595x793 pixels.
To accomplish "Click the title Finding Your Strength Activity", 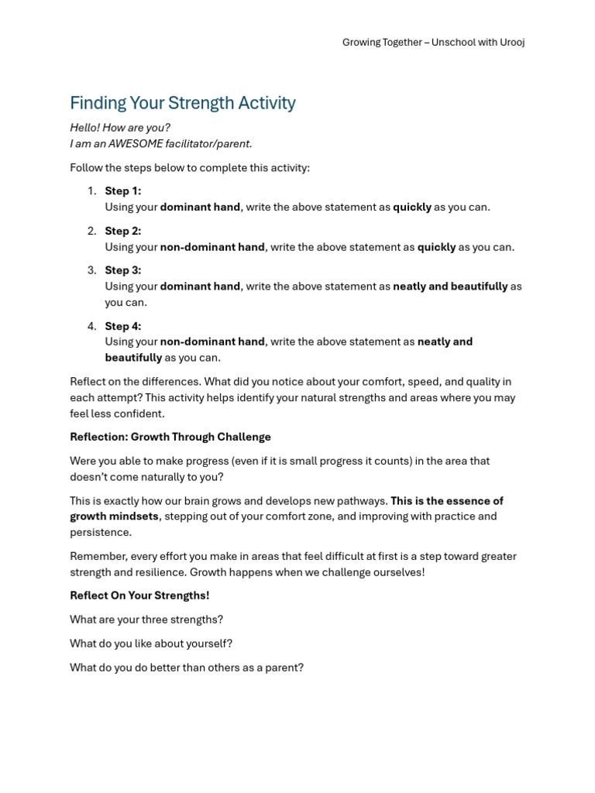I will pyautogui.click(x=183, y=103).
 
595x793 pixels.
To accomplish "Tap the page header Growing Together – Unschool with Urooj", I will pyautogui.click(x=433, y=43).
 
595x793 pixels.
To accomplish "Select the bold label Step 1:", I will pyautogui.click(x=123, y=191).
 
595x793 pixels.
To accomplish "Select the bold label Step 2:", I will pyautogui.click(x=123, y=231).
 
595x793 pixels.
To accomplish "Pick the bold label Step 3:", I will pyautogui.click(x=123, y=270).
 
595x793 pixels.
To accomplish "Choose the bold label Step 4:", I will pyautogui.click(x=123, y=326).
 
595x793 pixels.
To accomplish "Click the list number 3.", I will pyautogui.click(x=91, y=270).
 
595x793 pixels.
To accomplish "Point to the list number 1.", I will pyautogui.click(x=91, y=191).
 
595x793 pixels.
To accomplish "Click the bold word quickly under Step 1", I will pyautogui.click(x=411, y=207).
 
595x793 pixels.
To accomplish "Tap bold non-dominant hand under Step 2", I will pyautogui.click(x=212, y=247).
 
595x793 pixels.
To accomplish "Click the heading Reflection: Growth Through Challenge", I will pyautogui.click(x=170, y=437).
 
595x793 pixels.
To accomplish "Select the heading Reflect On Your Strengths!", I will pyautogui.click(x=139, y=596).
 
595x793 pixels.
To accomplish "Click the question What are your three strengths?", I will pyautogui.click(x=146, y=620).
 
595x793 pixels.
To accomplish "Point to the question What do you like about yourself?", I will pyautogui.click(x=151, y=644).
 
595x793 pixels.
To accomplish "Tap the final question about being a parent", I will pyautogui.click(x=187, y=668).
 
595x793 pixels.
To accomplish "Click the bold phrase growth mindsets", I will pyautogui.click(x=114, y=517).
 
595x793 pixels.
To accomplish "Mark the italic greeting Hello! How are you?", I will pyautogui.click(x=120, y=128).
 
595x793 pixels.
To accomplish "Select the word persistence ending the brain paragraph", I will pyautogui.click(x=101, y=532).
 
